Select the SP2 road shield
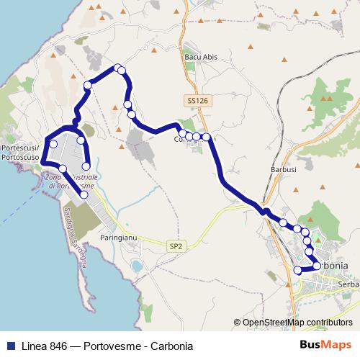click(x=176, y=246)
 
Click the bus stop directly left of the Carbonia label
click(x=316, y=266)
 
